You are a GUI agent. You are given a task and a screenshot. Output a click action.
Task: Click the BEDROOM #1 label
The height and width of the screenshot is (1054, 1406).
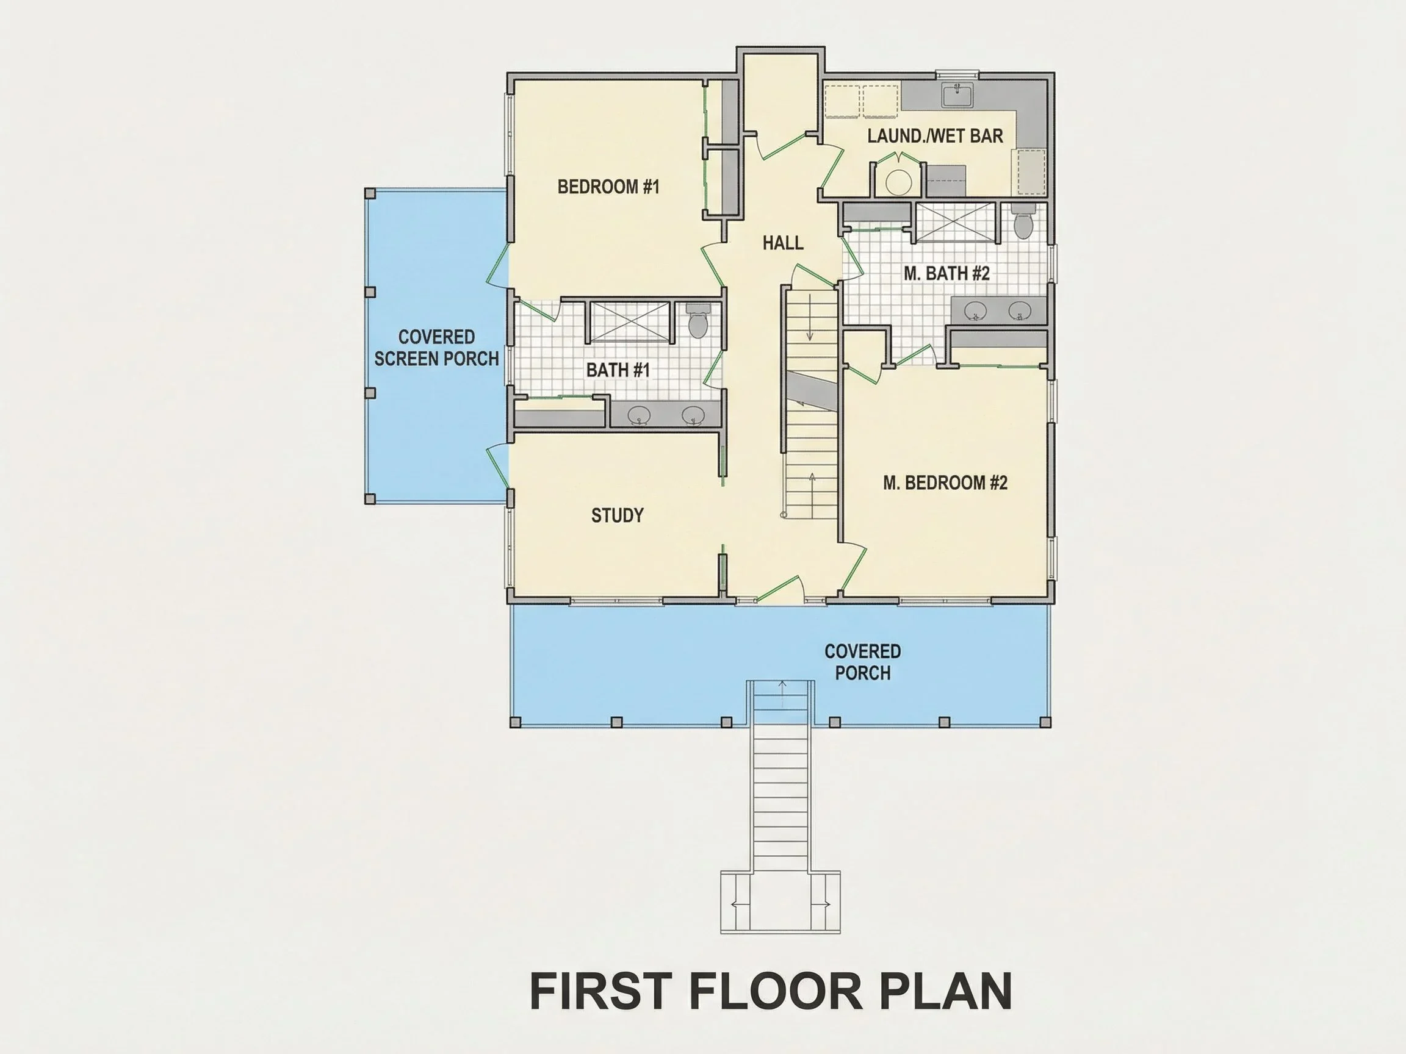(x=608, y=187)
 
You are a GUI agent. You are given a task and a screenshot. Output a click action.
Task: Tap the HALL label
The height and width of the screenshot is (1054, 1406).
(x=783, y=243)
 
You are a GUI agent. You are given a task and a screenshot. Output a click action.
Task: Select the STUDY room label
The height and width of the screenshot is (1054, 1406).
(x=617, y=515)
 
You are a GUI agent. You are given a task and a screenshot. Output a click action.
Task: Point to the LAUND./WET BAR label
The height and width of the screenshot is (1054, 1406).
(x=935, y=136)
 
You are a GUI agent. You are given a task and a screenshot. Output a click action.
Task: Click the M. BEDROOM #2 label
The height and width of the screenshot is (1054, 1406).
(x=945, y=483)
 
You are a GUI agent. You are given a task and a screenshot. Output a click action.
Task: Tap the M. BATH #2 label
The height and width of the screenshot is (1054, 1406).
(x=946, y=274)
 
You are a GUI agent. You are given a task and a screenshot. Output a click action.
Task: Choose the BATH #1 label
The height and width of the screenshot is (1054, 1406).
(x=618, y=370)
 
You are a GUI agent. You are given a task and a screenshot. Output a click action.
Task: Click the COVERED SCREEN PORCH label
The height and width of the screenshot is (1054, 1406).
(x=437, y=348)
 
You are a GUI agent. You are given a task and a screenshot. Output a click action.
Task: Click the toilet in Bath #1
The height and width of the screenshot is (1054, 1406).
(x=698, y=321)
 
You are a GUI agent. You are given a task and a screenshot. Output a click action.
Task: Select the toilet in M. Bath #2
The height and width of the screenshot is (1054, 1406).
(x=1023, y=221)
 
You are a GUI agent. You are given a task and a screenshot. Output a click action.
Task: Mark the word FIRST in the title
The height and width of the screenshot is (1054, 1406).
(x=600, y=991)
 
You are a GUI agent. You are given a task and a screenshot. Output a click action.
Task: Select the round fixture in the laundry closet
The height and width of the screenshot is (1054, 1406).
(x=898, y=182)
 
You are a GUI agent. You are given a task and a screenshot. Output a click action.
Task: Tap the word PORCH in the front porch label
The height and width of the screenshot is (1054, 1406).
(x=862, y=673)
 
